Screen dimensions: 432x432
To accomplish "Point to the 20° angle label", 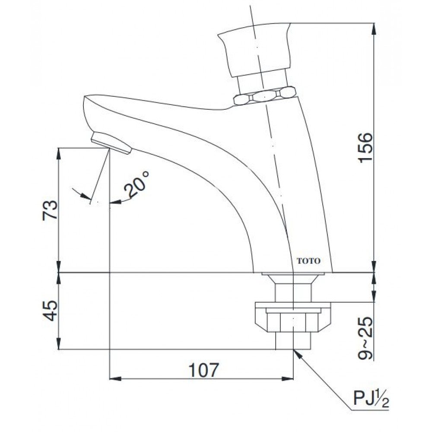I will pos(137,185).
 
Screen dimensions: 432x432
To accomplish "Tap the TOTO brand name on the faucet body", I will pos(308,261).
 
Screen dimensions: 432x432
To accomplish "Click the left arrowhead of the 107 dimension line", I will pos(114,379).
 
